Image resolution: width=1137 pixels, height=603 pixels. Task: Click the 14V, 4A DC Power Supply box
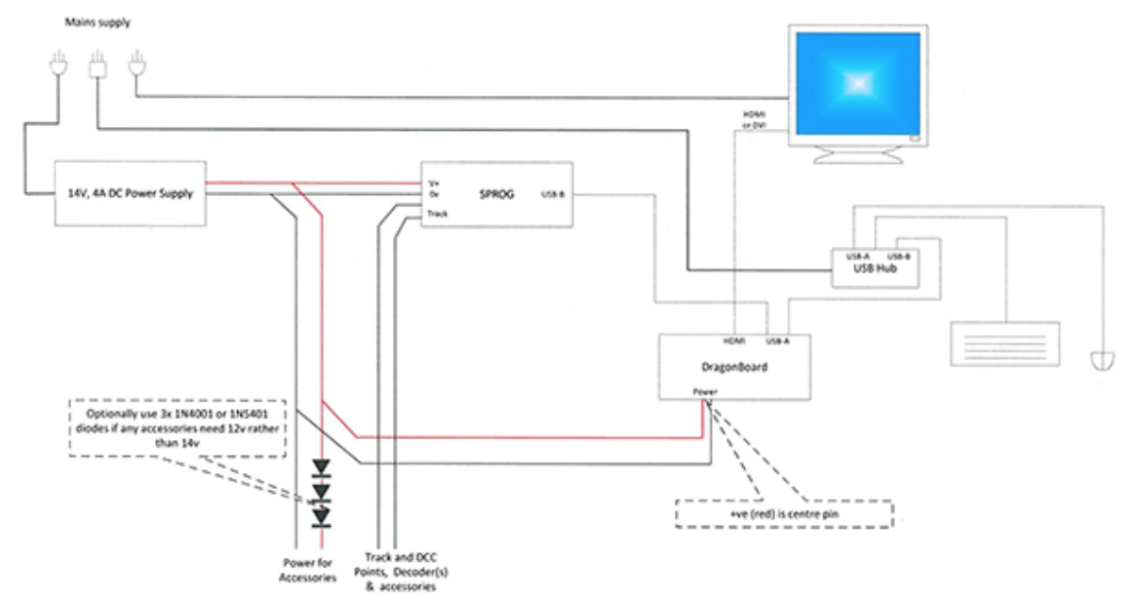pos(130,193)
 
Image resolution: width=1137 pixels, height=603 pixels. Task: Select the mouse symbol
pos(1101,360)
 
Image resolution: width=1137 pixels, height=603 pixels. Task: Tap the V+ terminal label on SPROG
pos(434,181)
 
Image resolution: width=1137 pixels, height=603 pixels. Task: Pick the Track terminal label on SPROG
pos(437,212)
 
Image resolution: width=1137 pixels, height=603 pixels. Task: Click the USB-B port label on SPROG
pos(552,194)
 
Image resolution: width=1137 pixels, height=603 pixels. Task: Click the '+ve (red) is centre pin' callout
pos(786,514)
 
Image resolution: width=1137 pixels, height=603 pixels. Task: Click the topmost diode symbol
pos(321,466)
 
